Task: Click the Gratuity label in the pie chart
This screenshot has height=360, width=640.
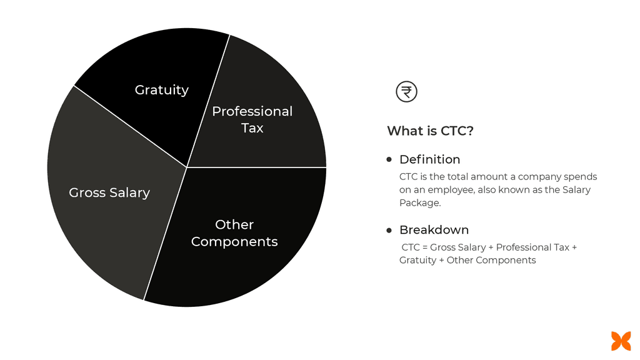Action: [161, 90]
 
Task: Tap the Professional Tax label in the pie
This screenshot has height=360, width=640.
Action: [252, 119]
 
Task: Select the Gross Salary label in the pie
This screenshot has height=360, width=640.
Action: [109, 192]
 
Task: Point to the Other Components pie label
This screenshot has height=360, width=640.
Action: [234, 233]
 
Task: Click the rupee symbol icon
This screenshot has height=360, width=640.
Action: [406, 92]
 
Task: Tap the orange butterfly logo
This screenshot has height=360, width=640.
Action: [621, 341]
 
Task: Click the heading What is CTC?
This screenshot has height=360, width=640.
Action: [430, 131]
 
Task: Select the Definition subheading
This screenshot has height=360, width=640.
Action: [429, 159]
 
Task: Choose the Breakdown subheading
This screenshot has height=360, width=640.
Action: [434, 229]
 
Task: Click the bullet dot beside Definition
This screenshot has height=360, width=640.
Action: [389, 159]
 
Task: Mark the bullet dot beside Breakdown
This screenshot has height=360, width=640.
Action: [389, 230]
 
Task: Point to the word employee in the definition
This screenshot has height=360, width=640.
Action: [446, 190]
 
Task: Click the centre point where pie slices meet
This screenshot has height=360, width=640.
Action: [187, 167]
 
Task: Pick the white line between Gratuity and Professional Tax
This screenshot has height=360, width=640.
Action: [208, 101]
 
